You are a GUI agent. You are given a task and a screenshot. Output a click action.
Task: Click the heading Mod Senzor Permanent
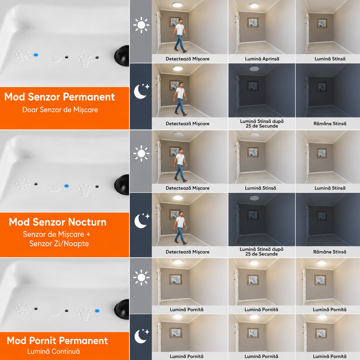pos(59,97)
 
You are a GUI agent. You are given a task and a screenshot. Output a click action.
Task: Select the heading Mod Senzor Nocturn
pos(58,222)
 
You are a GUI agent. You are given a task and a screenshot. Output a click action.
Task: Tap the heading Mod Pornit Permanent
pos(57,340)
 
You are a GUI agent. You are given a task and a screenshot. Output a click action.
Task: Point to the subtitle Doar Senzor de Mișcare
pos(60,110)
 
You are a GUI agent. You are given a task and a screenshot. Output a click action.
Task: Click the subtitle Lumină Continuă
pos(53,351)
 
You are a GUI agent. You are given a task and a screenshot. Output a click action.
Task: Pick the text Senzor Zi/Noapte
pos(59,243)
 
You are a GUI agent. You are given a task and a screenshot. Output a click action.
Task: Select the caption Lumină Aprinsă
pos(262,59)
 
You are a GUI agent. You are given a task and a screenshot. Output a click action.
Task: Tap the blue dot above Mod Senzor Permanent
pos(36,55)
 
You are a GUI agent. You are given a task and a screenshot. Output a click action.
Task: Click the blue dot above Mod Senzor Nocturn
pos(66,186)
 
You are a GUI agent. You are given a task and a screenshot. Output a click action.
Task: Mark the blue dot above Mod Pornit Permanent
pos(97,311)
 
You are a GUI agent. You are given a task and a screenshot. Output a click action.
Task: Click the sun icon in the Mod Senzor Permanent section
pos(141,25)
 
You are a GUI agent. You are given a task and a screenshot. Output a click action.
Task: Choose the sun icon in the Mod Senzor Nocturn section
pos(141,153)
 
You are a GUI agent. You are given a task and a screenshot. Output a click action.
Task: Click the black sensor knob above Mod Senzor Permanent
pos(122,56)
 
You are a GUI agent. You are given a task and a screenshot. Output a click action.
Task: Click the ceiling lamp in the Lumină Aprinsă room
pos(254,5)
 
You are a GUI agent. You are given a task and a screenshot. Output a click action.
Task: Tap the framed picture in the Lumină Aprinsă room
pos(253,22)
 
